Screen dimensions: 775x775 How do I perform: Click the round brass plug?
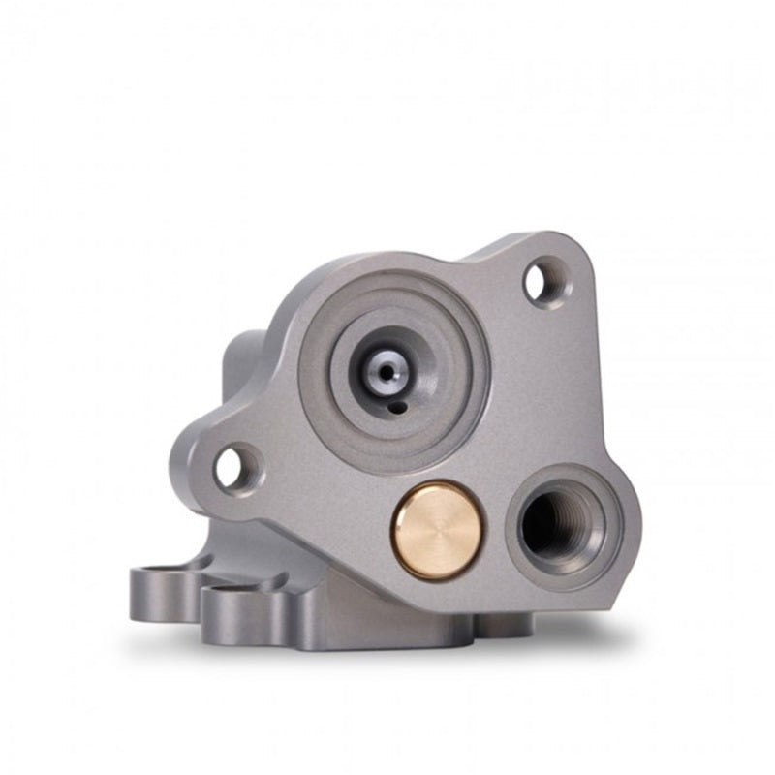[x=437, y=531]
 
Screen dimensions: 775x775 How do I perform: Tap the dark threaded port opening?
[x=554, y=523]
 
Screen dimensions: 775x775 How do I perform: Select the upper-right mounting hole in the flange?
[x=543, y=282]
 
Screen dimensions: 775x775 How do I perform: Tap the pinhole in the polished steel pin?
[x=387, y=371]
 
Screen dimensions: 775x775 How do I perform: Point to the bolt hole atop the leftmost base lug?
[x=155, y=571]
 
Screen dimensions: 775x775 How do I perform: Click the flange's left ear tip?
[x=184, y=465]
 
